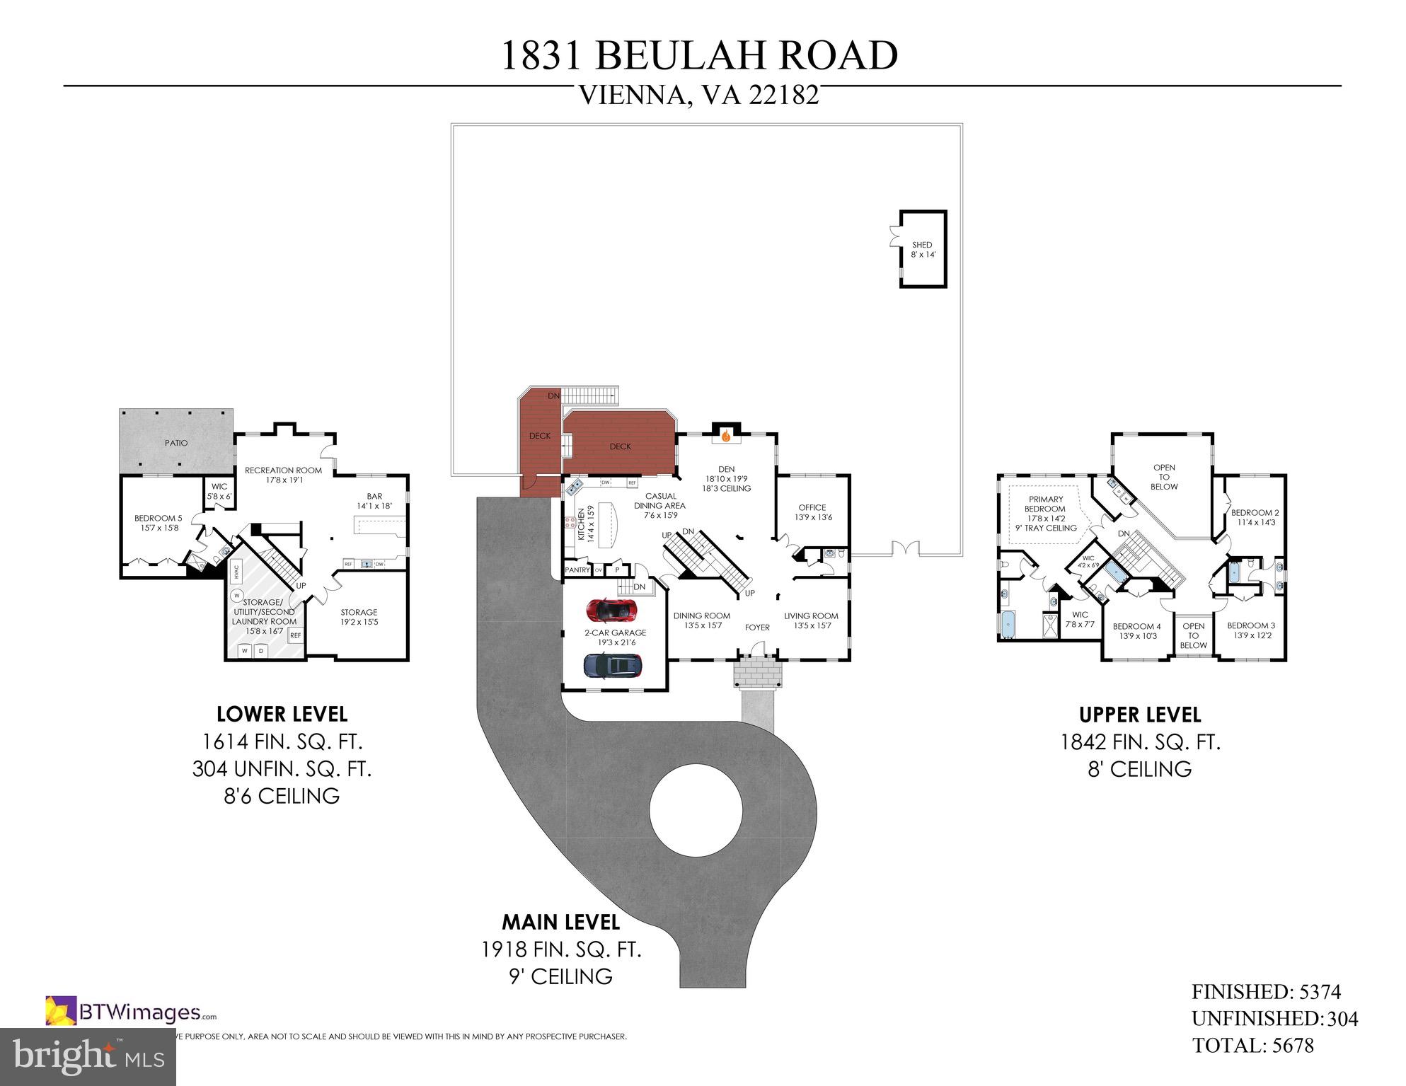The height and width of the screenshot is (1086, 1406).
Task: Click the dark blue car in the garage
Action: point(613,665)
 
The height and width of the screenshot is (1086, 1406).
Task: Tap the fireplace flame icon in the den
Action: point(725,437)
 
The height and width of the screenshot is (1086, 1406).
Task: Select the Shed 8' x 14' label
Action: point(923,250)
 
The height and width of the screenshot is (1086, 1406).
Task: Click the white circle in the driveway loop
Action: point(696,809)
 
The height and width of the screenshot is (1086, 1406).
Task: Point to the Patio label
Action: point(176,443)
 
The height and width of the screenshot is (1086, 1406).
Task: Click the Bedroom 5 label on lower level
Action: point(159,523)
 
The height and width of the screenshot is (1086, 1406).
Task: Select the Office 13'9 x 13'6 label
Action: point(812,512)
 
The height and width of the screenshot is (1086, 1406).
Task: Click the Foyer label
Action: point(757,628)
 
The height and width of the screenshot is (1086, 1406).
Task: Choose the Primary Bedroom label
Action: point(1045,504)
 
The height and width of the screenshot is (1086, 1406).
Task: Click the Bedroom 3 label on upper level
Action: point(1251,630)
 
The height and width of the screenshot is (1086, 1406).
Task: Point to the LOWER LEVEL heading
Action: point(282,714)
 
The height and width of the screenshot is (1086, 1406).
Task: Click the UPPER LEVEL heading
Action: point(1140,715)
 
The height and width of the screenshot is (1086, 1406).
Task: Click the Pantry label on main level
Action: point(577,570)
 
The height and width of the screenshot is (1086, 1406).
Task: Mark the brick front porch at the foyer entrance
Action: point(758,671)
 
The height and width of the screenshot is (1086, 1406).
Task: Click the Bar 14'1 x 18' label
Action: point(374,501)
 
